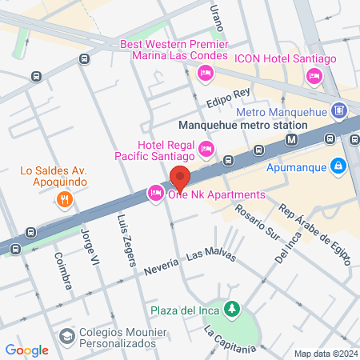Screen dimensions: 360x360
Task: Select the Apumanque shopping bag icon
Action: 339,166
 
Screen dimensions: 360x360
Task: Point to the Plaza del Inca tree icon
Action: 232,308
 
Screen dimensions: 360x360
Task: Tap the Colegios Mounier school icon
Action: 66,334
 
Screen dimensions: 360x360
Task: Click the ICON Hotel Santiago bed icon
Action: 313,76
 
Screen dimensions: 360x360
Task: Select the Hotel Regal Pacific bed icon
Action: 206,147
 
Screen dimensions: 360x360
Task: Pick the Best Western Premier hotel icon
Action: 206,74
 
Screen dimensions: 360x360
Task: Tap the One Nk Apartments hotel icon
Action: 154,194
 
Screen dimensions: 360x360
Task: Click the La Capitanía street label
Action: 229,341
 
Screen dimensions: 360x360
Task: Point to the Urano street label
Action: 214,15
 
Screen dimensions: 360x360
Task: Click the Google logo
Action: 27,349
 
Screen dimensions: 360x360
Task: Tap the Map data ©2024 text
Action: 324,354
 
